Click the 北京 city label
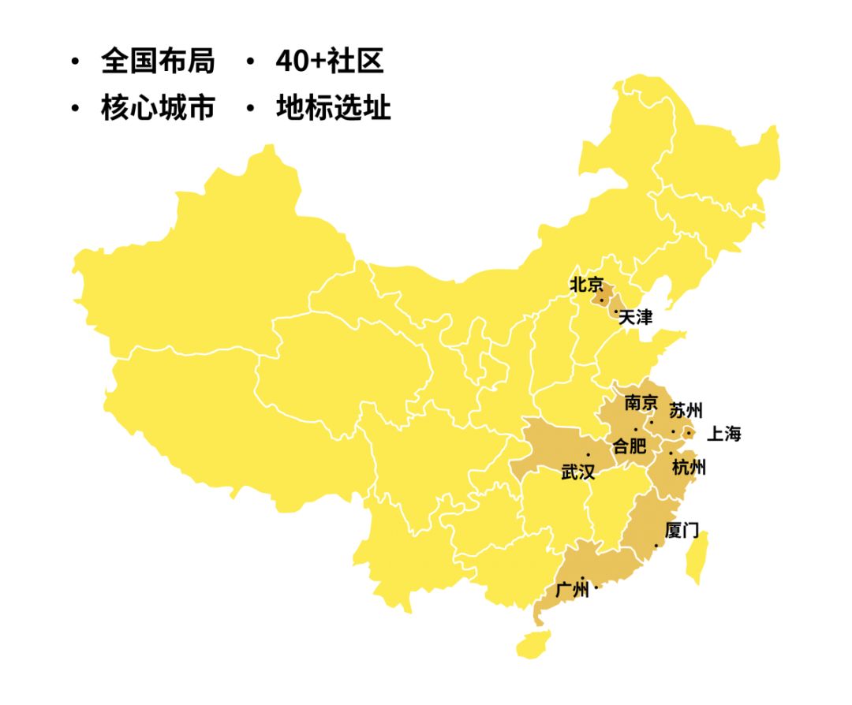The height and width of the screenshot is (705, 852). click(x=586, y=285)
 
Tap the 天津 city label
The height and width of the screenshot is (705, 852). click(x=636, y=318)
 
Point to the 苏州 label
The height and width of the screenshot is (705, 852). click(x=686, y=411)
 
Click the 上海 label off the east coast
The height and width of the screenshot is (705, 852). click(x=723, y=434)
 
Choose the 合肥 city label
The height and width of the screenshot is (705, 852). click(x=630, y=446)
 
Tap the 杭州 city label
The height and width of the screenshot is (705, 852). click(x=688, y=467)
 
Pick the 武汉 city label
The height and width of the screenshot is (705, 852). click(x=577, y=472)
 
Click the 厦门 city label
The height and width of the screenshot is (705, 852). click(x=682, y=531)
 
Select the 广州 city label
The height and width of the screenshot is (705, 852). click(x=572, y=590)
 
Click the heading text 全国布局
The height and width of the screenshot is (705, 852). click(x=158, y=62)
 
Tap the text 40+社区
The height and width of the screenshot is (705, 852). click(x=330, y=62)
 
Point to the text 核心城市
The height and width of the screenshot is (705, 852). click(x=158, y=108)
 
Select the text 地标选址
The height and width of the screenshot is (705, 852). click(x=333, y=108)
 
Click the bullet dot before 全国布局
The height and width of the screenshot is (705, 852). click(x=76, y=62)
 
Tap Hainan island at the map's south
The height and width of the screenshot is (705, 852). click(x=532, y=643)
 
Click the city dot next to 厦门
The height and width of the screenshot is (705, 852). click(x=656, y=546)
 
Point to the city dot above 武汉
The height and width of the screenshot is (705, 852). click(x=588, y=455)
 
